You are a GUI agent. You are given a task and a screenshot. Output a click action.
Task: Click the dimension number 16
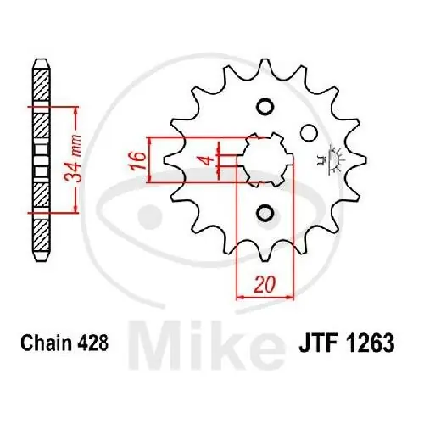(134, 159)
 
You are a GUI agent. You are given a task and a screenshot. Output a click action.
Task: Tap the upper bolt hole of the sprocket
(263, 107)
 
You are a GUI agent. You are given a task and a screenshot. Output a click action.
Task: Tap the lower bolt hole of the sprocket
(263, 212)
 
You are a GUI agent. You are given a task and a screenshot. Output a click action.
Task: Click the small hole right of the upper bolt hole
(309, 132)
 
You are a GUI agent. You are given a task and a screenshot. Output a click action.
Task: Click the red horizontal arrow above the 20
(265, 297)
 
